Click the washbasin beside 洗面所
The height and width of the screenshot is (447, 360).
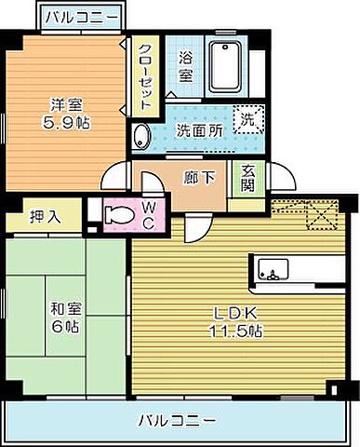(x=140, y=136)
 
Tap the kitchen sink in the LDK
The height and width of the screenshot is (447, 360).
(x=277, y=273)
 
